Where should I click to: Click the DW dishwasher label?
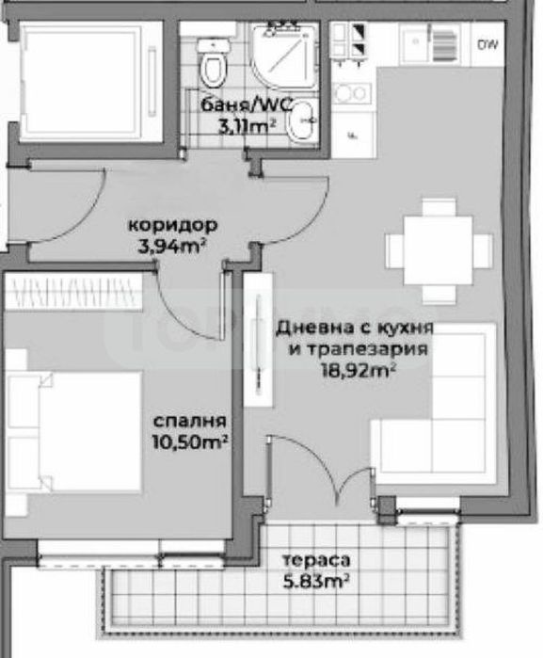coord(487,44)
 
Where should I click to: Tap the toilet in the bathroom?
coord(216,60)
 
